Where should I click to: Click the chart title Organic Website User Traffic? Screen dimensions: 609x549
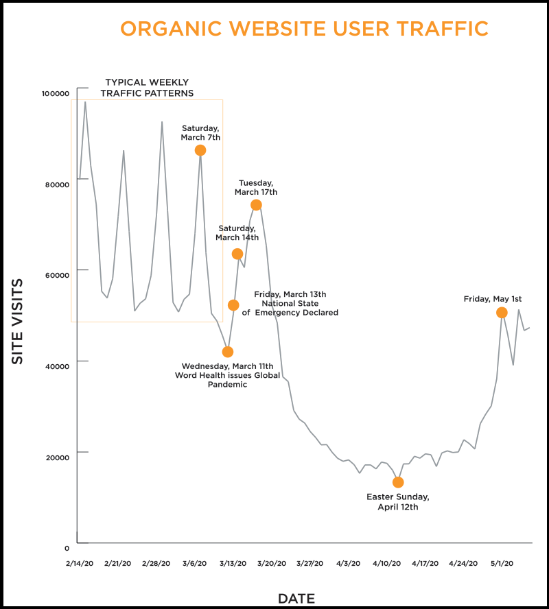304,29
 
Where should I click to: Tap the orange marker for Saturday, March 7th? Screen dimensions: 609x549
200,150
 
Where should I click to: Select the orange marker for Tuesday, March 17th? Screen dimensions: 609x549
256,205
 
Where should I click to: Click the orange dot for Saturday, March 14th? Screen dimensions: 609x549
237,254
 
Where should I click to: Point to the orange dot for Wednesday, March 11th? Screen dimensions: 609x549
228,352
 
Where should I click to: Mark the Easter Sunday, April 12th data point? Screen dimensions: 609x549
398,482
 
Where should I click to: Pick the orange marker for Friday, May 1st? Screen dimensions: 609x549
502,313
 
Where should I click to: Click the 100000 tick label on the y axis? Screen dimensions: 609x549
56,93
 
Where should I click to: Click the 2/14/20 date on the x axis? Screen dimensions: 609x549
79,563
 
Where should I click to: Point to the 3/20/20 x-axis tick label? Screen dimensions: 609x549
271,563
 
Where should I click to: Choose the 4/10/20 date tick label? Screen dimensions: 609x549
386,563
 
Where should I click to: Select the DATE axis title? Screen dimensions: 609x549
296,599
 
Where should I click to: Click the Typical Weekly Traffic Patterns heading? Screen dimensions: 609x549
147,88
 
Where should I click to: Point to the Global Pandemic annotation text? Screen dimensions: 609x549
227,375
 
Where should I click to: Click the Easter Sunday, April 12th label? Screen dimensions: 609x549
398,502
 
